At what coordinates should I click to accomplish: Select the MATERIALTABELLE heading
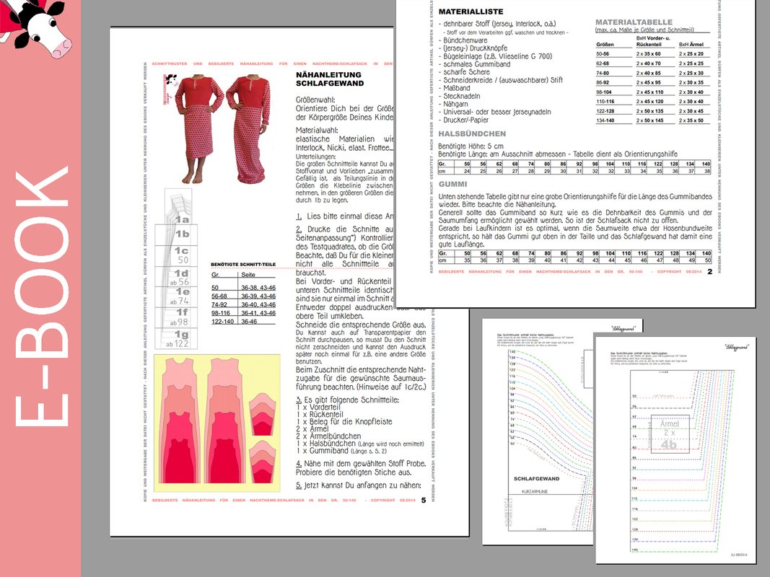coord(634,22)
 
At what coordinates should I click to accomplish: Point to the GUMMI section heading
coord(454,185)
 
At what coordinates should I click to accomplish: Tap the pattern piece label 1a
coord(183,219)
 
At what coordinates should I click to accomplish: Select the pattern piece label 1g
coord(182,334)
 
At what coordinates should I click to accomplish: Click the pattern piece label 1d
coord(182,273)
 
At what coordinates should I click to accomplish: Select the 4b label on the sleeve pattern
coord(669,445)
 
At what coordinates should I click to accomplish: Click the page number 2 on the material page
coord(709,272)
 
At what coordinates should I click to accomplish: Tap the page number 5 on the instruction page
coord(423,499)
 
